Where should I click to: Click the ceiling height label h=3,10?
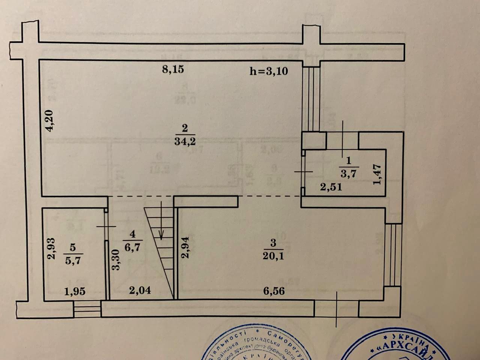[x=269, y=71]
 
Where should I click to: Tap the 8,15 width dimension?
[x=173, y=70]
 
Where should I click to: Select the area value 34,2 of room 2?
[x=185, y=141]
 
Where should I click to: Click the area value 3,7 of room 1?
[x=348, y=173]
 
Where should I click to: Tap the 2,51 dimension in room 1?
[x=331, y=187]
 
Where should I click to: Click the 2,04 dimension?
[x=140, y=290]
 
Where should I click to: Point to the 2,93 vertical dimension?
[x=52, y=248]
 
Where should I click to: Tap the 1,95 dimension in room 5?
[x=75, y=291]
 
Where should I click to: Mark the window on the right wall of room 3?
[x=394, y=255]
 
